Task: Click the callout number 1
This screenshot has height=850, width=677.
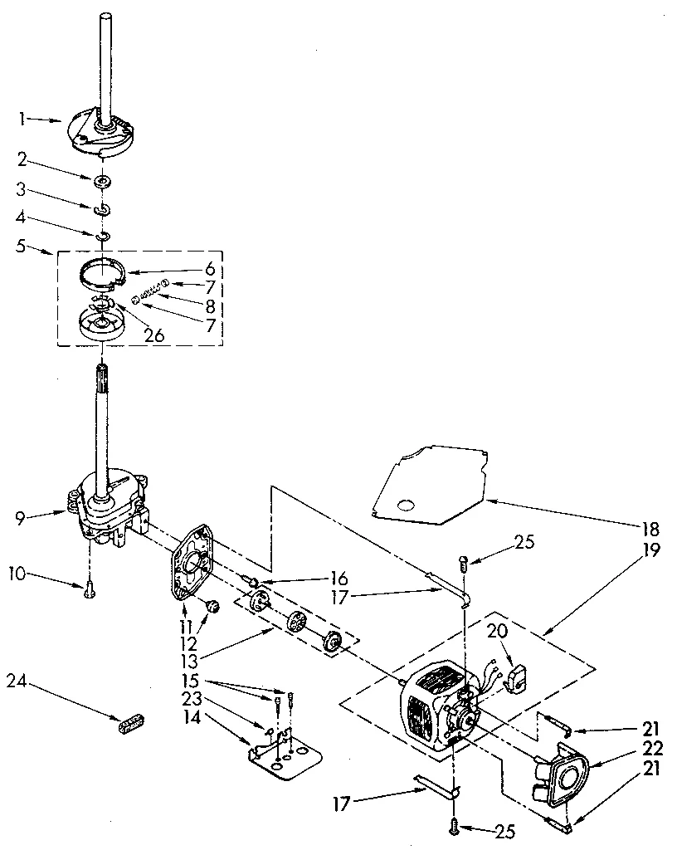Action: coord(22,119)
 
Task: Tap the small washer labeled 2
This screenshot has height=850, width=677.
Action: coord(103,180)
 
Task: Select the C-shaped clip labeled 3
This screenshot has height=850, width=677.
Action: coord(103,210)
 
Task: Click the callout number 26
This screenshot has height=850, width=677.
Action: coord(155,335)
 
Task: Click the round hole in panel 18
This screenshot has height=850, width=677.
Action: coord(406,504)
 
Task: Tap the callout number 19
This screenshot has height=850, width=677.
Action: coord(651,550)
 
